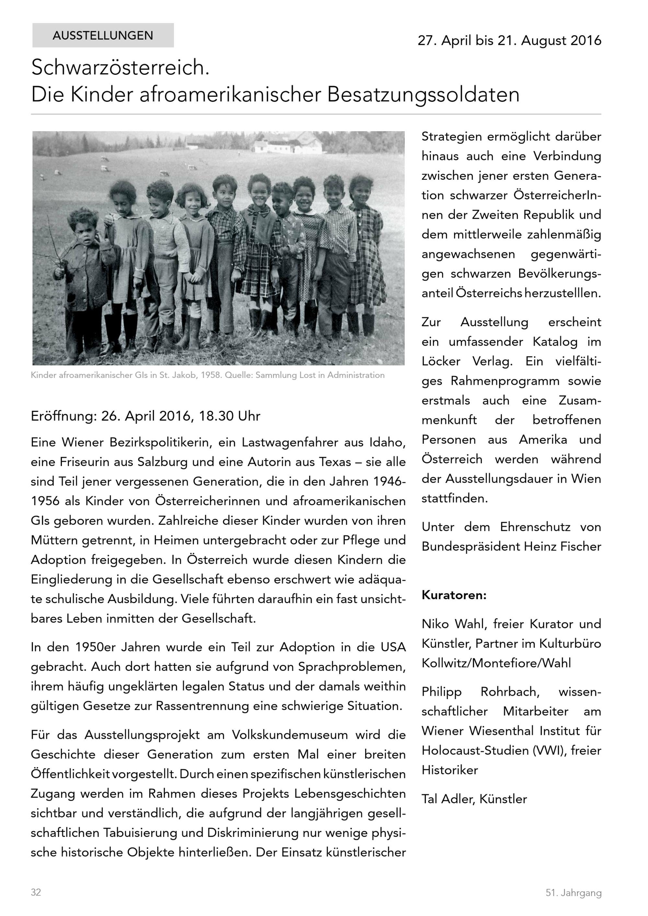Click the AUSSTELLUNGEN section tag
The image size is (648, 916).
pos(103,36)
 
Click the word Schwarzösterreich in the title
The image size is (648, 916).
pos(120,67)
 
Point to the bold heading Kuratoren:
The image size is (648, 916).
pos(454,595)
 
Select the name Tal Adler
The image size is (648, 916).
pos(446,799)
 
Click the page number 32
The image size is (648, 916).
pos(36,892)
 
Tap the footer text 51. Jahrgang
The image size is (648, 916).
pos(573,893)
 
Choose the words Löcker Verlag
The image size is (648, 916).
pos(467,361)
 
